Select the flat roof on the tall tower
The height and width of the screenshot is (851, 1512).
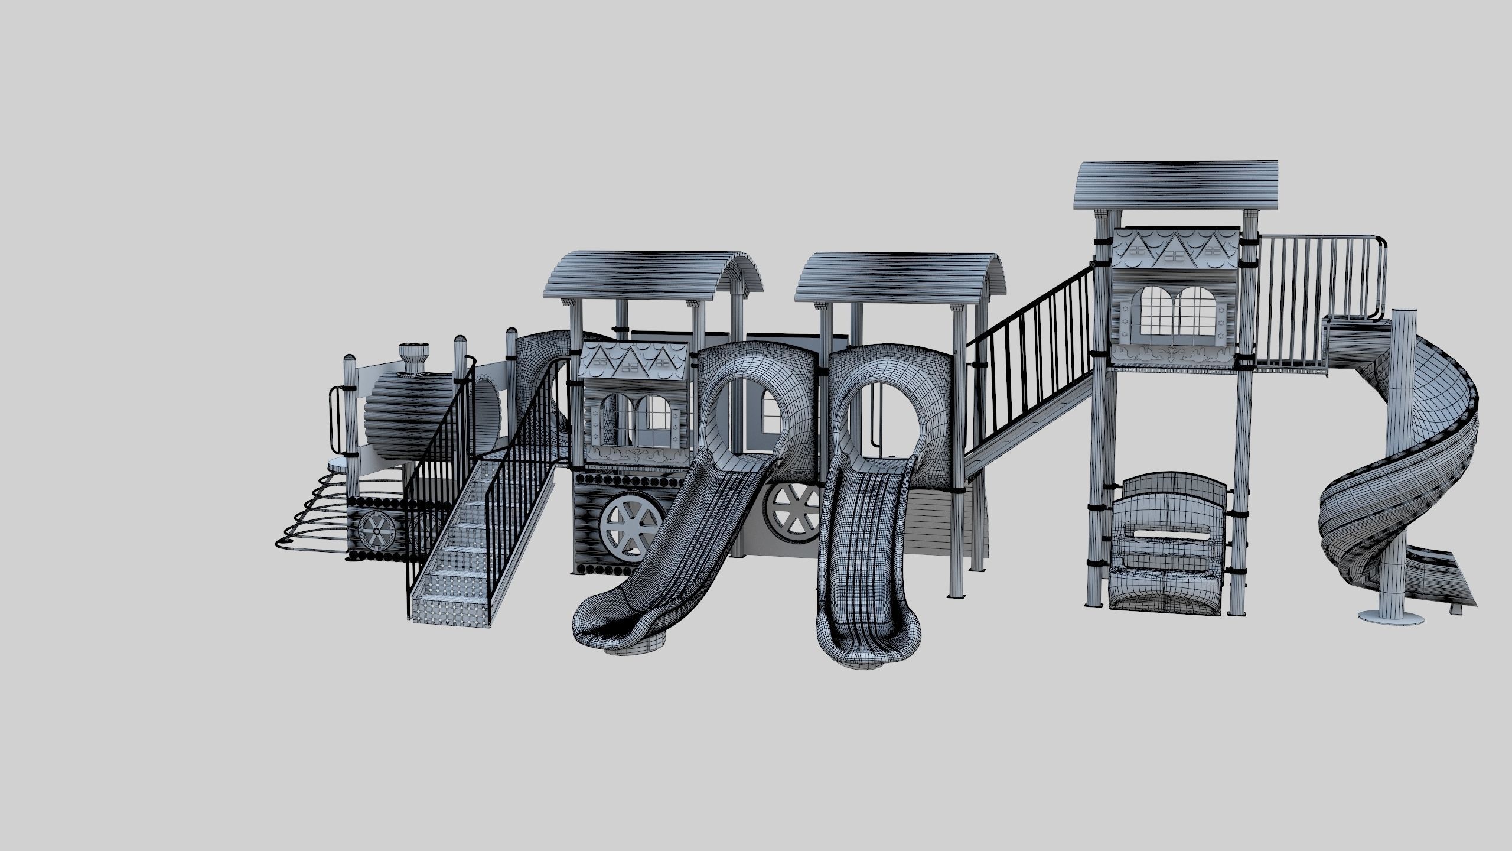point(1175,184)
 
